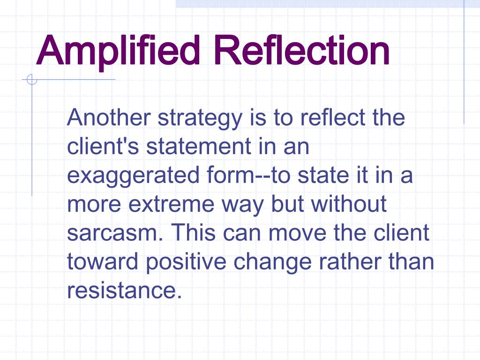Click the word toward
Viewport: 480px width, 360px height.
tap(103, 262)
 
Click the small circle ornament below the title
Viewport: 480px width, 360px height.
tap(31, 80)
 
